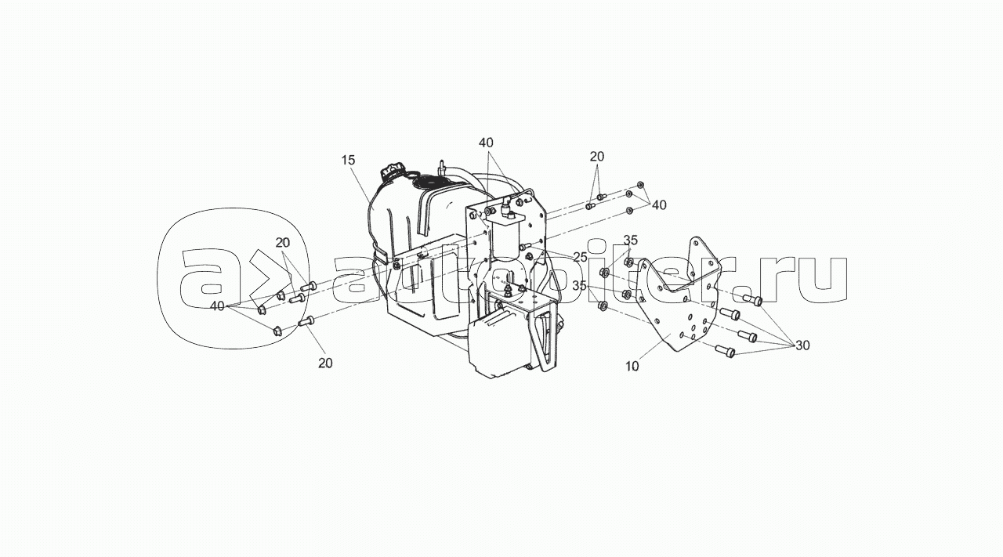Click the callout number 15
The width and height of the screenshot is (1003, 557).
pyautogui.click(x=348, y=161)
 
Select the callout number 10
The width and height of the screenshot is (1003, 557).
pyautogui.click(x=632, y=367)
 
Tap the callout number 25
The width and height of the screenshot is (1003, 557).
pyautogui.click(x=580, y=258)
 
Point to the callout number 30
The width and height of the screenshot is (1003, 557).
pyautogui.click(x=803, y=345)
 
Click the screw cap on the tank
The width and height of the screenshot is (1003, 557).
pyautogui.click(x=393, y=172)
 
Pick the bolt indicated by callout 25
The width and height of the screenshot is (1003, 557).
pyautogui.click(x=525, y=246)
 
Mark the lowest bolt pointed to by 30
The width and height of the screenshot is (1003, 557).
pyautogui.click(x=726, y=351)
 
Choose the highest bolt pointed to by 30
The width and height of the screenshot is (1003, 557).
pyautogui.click(x=752, y=300)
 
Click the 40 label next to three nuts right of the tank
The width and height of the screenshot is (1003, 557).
pyautogui.click(x=659, y=205)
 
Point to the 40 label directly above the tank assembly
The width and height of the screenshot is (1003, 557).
pyautogui.click(x=486, y=143)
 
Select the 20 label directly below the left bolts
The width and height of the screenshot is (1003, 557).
pyautogui.click(x=325, y=363)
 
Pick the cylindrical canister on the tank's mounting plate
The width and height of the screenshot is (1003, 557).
pyautogui.click(x=506, y=240)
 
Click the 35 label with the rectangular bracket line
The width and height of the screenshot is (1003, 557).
pyautogui.click(x=631, y=240)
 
